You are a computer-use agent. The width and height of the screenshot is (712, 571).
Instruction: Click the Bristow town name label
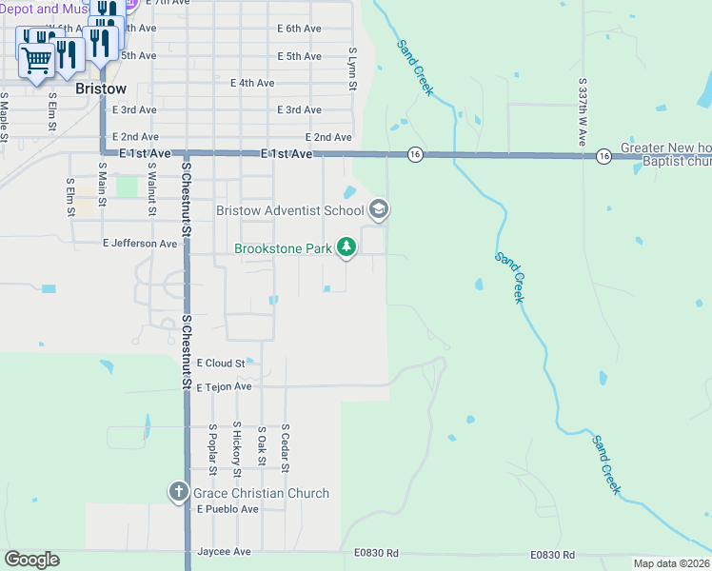point(100,89)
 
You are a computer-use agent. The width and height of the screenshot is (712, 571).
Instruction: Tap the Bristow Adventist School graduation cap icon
point(379,209)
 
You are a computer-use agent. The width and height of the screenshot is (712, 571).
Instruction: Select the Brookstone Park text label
point(284,249)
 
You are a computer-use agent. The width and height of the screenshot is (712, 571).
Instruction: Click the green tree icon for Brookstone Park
point(347,248)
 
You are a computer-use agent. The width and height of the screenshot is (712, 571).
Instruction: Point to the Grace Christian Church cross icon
point(178,492)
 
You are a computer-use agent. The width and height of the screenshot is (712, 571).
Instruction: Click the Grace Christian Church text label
point(261,493)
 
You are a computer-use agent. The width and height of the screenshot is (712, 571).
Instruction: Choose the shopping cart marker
point(37,60)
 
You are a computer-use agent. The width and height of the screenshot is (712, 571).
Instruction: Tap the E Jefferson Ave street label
point(140,244)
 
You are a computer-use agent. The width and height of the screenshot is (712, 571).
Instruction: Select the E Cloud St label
point(221,363)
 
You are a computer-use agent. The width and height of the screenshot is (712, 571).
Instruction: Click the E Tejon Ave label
point(224,386)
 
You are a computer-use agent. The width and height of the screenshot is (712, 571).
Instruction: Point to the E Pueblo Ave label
point(227,509)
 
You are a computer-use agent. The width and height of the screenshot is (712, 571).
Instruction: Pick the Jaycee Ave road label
point(224,552)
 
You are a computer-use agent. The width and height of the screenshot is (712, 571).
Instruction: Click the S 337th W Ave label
point(583,112)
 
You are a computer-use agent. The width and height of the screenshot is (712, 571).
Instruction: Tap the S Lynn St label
point(352,69)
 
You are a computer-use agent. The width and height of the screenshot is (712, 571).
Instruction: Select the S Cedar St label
point(285,448)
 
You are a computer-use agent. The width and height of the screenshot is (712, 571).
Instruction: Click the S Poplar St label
point(212,450)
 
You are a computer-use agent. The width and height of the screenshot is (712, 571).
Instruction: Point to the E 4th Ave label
point(252,83)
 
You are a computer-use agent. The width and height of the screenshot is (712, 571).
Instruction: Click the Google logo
point(31,560)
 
